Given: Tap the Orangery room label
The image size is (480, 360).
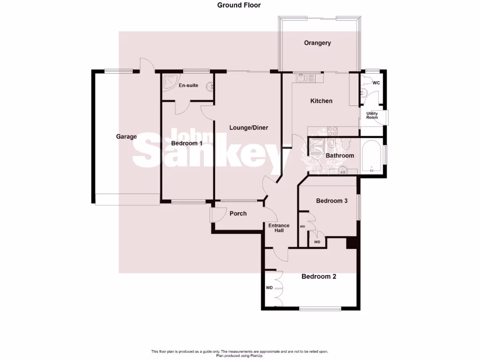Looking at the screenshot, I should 317,43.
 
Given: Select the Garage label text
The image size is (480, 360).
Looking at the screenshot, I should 127,137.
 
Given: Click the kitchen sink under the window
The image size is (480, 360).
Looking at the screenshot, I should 301,78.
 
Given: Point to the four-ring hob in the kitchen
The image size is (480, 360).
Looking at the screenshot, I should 332,131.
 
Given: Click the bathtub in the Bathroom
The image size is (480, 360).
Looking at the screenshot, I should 372,157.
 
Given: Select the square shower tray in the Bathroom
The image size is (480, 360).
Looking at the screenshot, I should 316,145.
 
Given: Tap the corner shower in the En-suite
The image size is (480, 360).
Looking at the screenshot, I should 169,82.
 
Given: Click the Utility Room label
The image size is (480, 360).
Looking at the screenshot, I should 372,115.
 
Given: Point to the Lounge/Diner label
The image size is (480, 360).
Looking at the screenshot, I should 248,127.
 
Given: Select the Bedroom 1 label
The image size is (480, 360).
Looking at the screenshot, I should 187,143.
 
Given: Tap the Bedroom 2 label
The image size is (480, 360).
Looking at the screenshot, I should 319,277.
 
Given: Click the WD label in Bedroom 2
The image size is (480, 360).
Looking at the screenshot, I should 269,288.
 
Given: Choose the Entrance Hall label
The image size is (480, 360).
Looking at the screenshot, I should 278,228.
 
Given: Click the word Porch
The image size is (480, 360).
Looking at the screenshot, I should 238,214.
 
